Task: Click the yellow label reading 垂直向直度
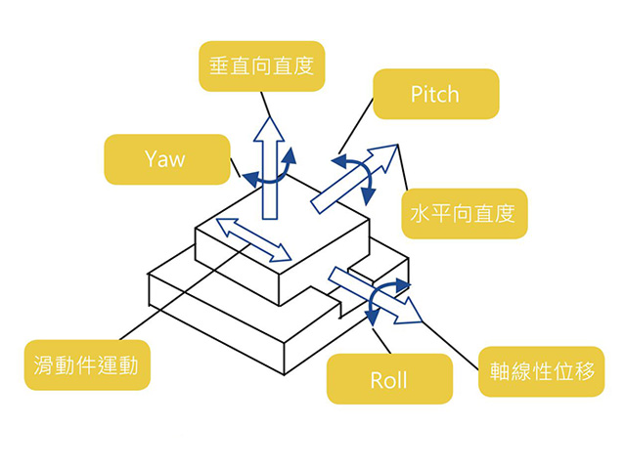pyautogui.click(x=262, y=66)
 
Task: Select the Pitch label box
pyautogui.click(x=435, y=94)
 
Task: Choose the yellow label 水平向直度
pyautogui.click(x=465, y=213)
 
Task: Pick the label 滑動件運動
pyautogui.click(x=87, y=365)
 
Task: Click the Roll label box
pyautogui.click(x=388, y=379)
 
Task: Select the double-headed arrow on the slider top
pyautogui.click(x=253, y=240)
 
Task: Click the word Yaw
pyautogui.click(x=164, y=159)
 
